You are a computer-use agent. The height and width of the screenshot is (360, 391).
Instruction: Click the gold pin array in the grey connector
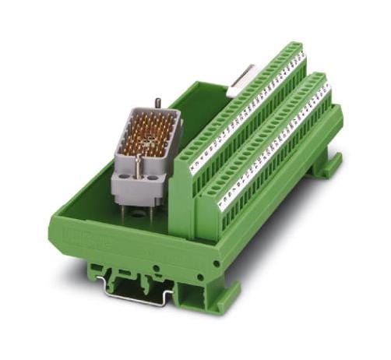pos(149,136)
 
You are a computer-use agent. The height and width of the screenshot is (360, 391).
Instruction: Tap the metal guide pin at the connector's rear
pos(158,103)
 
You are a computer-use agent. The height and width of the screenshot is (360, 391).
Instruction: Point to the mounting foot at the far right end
pos(327,164)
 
